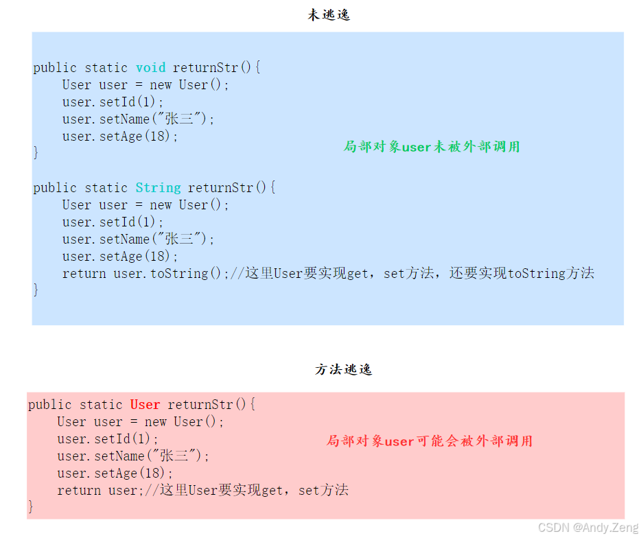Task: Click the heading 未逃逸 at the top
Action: [329, 15]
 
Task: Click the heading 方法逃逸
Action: [343, 370]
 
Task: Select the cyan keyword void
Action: [150, 68]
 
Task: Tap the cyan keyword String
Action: [158, 188]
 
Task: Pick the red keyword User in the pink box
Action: [145, 405]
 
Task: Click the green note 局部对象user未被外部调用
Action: [432, 147]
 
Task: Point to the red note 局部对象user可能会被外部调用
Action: [429, 441]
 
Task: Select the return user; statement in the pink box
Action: [98, 491]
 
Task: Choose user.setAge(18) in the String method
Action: [120, 257]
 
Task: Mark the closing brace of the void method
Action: [36, 152]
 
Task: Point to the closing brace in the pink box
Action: [31, 507]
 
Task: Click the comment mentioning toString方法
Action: [412, 274]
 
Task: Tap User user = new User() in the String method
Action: [145, 205]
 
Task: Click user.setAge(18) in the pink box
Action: [115, 473]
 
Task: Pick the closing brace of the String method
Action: [36, 290]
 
